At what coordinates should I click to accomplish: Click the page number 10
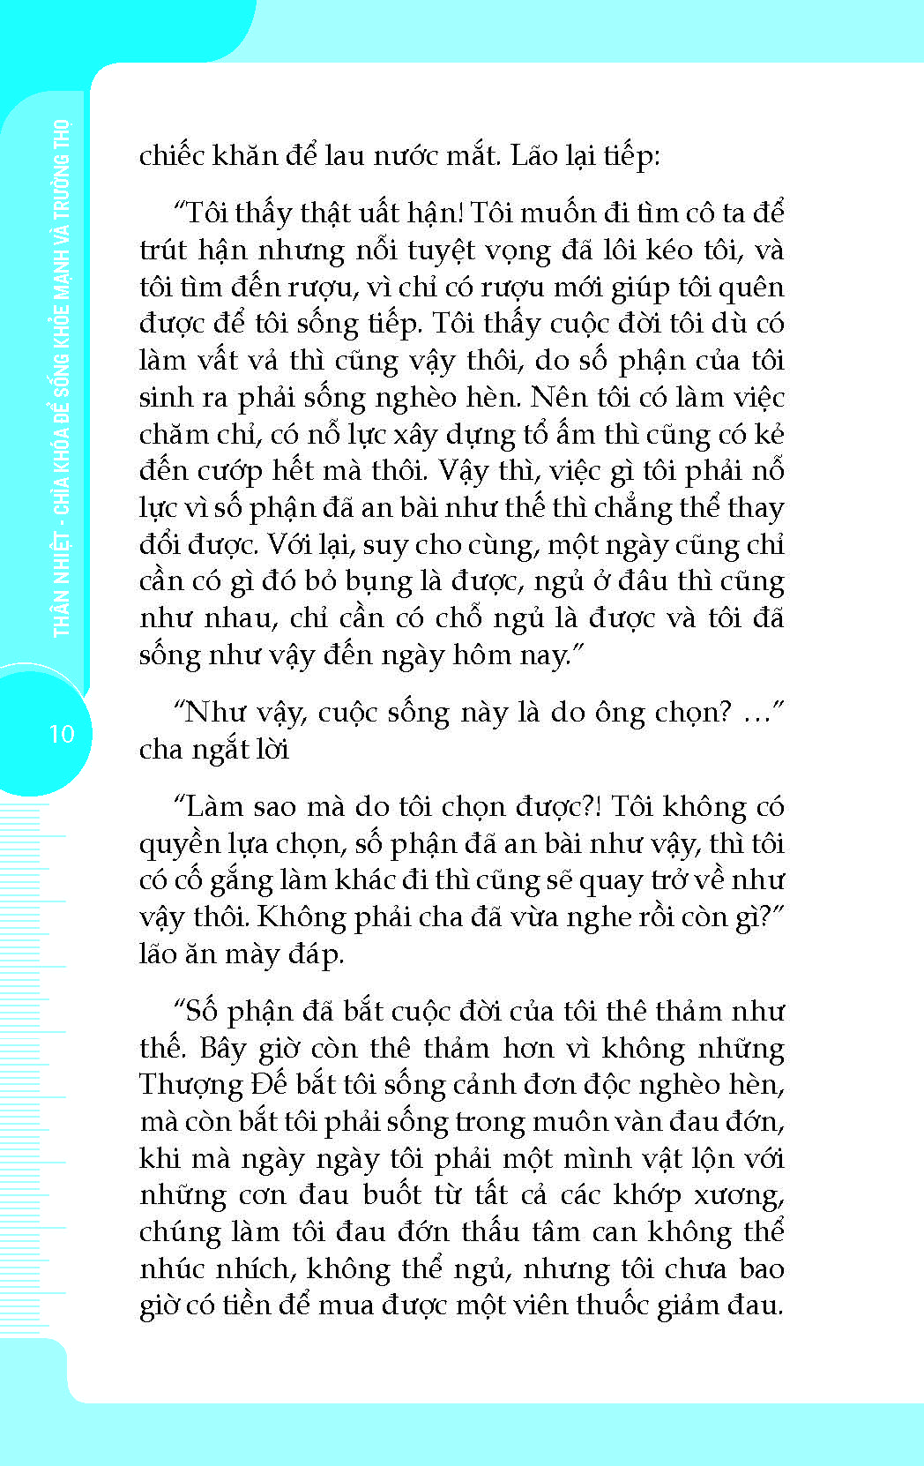coord(62,734)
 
